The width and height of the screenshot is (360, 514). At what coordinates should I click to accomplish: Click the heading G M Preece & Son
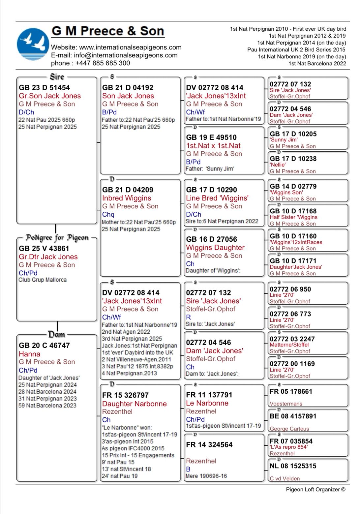108,31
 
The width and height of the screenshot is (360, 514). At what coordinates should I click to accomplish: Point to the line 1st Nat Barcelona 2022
317,64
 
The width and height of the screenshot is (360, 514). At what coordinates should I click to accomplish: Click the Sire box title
57,77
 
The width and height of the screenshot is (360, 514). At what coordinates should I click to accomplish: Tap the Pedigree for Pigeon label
57,238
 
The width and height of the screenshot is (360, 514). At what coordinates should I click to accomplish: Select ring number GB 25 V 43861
44,249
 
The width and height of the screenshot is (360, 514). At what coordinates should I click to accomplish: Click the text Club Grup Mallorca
43,280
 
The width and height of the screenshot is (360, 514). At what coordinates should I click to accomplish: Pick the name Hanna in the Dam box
30,354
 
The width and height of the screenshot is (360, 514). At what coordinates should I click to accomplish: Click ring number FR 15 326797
125,395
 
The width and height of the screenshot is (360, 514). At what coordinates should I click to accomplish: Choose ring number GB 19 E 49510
211,137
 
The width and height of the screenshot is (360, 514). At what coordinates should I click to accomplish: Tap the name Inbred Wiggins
127,198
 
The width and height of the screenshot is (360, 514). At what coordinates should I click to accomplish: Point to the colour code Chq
108,214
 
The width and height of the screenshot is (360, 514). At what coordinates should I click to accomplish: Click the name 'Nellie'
278,165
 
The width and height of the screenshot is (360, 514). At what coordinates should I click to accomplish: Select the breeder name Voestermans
286,404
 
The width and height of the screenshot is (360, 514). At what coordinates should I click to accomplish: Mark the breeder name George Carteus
289,429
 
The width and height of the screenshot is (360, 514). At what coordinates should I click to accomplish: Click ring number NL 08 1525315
293,466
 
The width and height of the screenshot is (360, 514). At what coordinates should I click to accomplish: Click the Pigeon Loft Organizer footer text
315,490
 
